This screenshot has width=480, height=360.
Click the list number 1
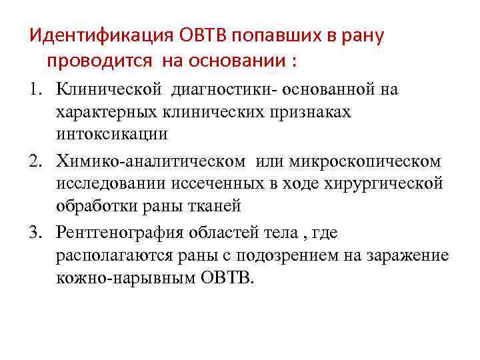35,89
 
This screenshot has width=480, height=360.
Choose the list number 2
35,161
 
